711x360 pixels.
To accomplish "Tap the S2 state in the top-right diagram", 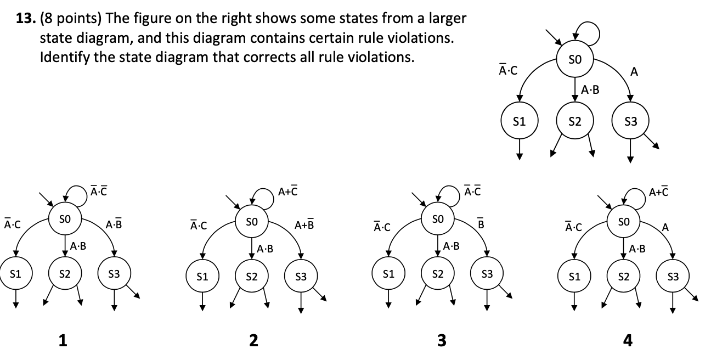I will pyautogui.click(x=574, y=121).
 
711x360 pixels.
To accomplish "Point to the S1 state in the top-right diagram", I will pyautogui.click(x=519, y=121).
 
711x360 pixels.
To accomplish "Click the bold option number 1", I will pyautogui.click(x=63, y=341).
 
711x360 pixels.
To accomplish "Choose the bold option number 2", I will pyautogui.click(x=253, y=341).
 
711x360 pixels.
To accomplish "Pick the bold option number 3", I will pyautogui.click(x=442, y=341).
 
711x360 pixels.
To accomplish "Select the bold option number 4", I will pyautogui.click(x=628, y=341).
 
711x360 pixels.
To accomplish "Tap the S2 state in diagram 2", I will pyautogui.click(x=252, y=277).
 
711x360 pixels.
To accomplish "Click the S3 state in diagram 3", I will pyautogui.click(x=487, y=273).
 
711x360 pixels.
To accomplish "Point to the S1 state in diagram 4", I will pyautogui.click(x=574, y=277).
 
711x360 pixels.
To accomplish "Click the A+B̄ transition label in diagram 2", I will pyautogui.click(x=304, y=224).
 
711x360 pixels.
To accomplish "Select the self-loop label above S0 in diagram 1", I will pyautogui.click(x=99, y=191).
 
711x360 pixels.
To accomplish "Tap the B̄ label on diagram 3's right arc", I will pyautogui.click(x=481, y=224).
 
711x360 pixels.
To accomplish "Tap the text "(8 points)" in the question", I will pyautogui.click(x=70, y=19).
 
